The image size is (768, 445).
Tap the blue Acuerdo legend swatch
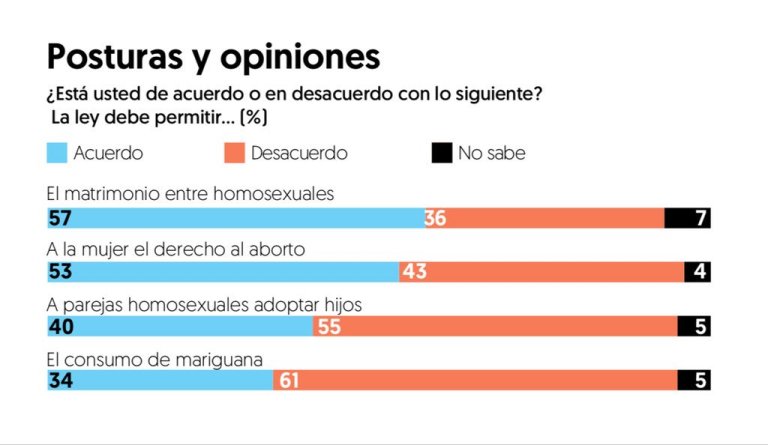[x=57, y=154]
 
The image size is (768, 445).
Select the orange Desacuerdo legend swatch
[x=233, y=154]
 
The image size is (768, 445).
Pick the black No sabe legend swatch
[x=440, y=154]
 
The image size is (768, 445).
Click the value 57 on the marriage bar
[x=59, y=218]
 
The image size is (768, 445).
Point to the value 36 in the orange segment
[x=435, y=218]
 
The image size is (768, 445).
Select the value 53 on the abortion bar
[x=59, y=272]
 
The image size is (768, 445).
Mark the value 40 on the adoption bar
[x=60, y=326]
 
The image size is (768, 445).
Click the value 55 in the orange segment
[x=328, y=326]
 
